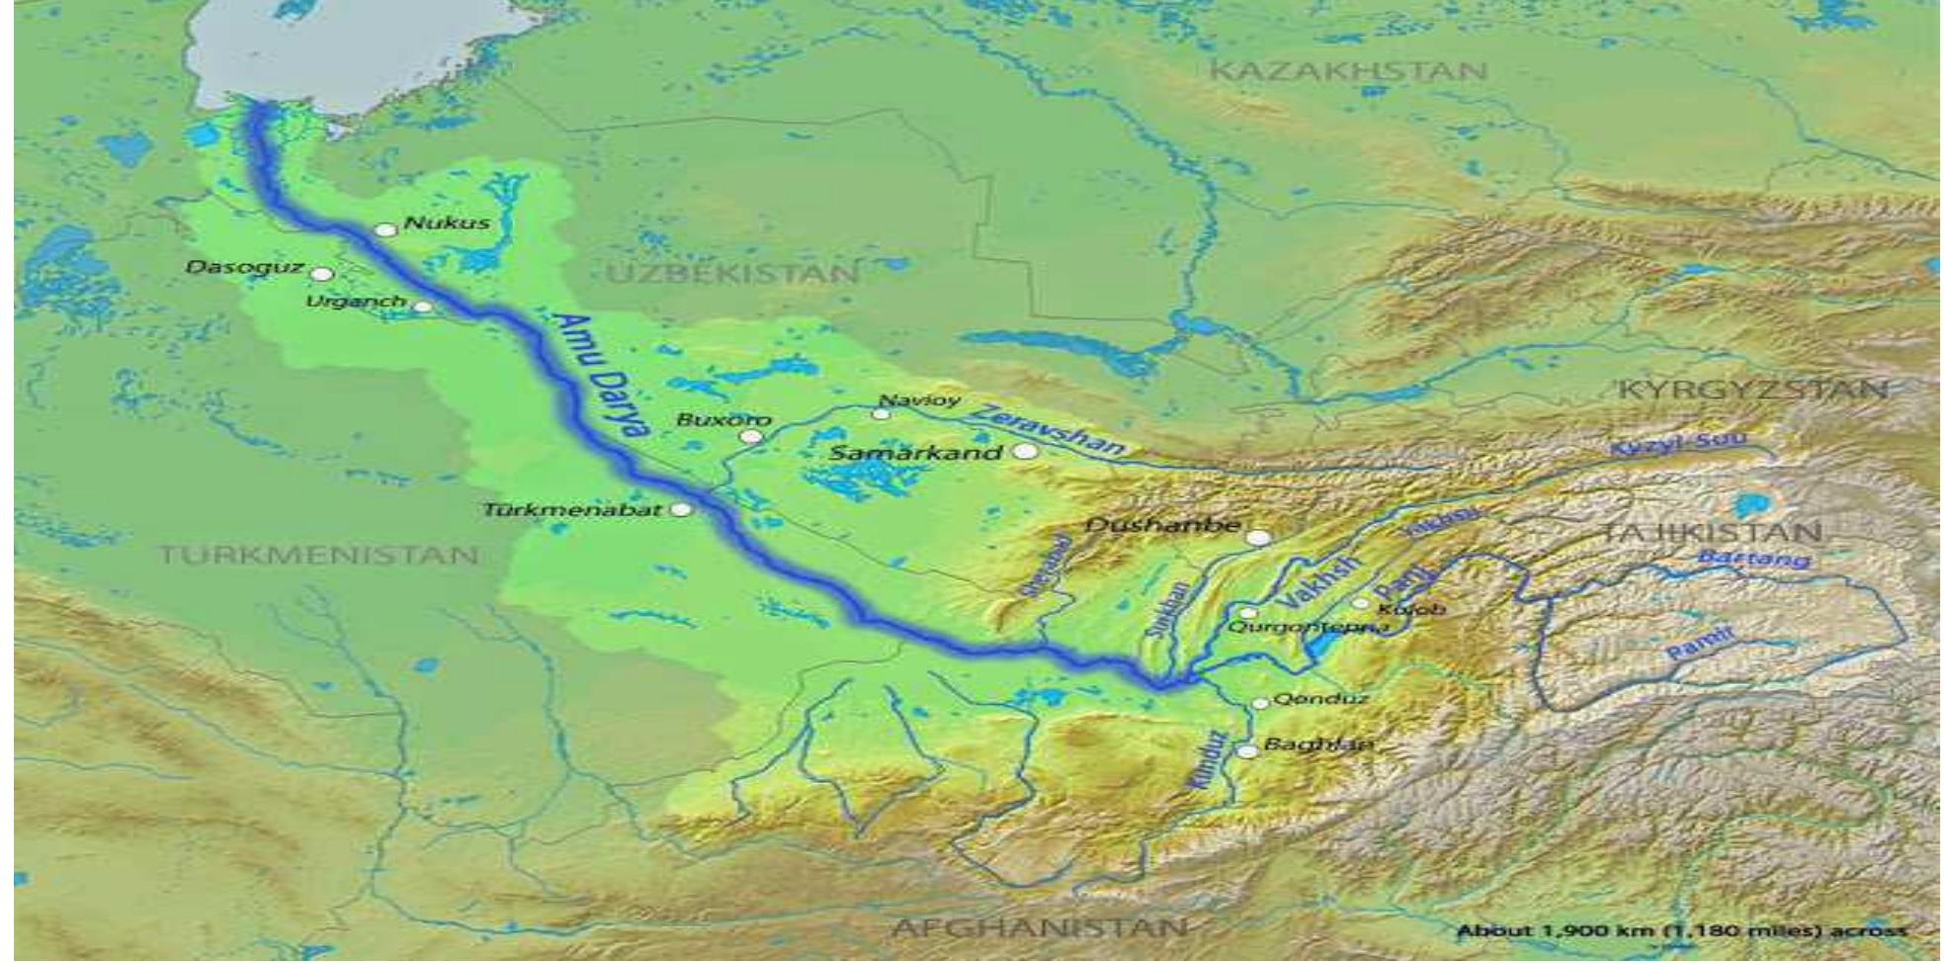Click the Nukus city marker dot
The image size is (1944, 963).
pos(386,230)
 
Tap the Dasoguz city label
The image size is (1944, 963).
pos(244,268)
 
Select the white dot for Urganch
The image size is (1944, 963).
pos(422,306)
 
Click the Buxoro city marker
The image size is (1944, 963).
pos(752,436)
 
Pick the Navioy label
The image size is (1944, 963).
pos(919,400)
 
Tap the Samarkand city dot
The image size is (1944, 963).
pos(1027,452)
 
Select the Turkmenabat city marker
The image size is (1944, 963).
pos(681,509)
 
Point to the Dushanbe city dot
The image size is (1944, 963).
pos(1258,538)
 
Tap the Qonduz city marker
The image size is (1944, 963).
pos(1260,704)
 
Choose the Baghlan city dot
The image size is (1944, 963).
pos(1248,751)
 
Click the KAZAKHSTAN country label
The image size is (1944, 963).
pos(1348,71)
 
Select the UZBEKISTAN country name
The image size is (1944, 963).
pos(732,274)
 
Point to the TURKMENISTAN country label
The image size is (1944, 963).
pos(319,554)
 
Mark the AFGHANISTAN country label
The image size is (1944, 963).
pos(1038,927)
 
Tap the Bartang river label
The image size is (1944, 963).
pos(1754,559)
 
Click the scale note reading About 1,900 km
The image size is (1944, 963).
pos(1681,930)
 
